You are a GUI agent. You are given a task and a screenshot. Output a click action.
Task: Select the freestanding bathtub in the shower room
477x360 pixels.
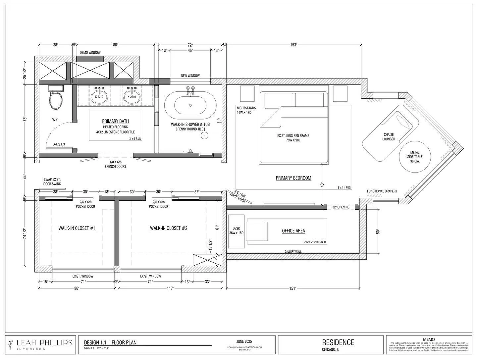(x=190, y=105)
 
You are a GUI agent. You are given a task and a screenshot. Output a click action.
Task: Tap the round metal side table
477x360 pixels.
(x=414, y=157)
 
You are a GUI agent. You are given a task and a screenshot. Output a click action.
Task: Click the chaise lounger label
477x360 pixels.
(x=389, y=137)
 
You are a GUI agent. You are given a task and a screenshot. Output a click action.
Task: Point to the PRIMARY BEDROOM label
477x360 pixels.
(x=293, y=178)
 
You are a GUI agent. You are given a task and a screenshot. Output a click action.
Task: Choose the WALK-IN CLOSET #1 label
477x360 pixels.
(x=77, y=228)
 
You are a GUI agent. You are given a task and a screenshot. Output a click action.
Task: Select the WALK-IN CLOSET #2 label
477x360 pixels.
(x=169, y=228)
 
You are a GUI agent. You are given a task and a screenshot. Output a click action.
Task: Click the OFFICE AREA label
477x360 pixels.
(x=293, y=231)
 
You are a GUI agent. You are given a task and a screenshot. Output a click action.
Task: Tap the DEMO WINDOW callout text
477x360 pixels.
(x=90, y=53)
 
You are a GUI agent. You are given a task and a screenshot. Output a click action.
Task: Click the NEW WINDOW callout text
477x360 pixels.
(x=190, y=76)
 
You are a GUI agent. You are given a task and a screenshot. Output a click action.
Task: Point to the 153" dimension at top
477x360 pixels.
(x=293, y=45)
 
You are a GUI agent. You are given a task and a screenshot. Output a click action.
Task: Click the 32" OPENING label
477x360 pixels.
(x=341, y=207)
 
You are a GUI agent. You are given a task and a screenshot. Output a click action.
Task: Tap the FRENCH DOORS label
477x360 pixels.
(x=115, y=167)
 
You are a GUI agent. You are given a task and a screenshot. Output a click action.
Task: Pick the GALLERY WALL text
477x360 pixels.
(x=293, y=252)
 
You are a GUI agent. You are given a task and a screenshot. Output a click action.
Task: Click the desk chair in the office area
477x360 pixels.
(x=257, y=231)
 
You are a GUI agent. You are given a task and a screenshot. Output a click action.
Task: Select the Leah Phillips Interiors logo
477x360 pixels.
(x=40, y=344)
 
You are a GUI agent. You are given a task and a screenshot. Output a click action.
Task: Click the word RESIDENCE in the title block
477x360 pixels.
(x=338, y=342)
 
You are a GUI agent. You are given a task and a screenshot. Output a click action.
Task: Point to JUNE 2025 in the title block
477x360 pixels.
(x=244, y=341)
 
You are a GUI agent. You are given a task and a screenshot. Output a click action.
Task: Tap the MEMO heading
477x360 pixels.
(x=429, y=339)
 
